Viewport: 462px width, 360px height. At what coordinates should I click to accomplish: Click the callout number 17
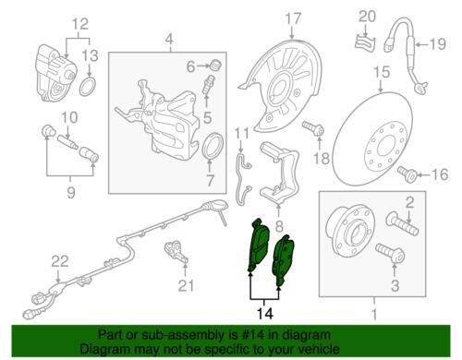tap(293, 18)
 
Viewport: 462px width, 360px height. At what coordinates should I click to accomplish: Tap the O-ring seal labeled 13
tap(88, 87)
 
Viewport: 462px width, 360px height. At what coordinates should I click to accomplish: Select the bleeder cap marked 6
tap(216, 66)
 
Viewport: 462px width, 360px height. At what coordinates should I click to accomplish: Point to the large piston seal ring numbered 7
tap(212, 147)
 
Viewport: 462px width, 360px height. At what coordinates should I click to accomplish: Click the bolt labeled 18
tap(313, 128)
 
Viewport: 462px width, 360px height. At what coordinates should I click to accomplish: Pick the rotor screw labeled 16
tap(407, 174)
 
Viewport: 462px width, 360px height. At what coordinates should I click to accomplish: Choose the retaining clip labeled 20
tap(365, 42)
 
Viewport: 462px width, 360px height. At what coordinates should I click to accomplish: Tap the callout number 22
tap(60, 261)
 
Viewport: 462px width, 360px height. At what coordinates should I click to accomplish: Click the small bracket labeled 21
tap(176, 251)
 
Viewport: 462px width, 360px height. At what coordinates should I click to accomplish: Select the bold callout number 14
tap(265, 314)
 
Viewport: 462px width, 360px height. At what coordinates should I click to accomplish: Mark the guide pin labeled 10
tap(67, 140)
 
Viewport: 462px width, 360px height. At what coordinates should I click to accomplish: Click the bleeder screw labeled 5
tap(208, 85)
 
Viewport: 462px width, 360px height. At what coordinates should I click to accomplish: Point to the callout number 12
tap(80, 24)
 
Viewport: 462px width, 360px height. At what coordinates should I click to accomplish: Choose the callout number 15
tap(382, 72)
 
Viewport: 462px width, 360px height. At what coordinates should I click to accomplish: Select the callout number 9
tap(71, 193)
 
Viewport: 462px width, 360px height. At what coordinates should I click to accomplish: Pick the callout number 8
tap(279, 226)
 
